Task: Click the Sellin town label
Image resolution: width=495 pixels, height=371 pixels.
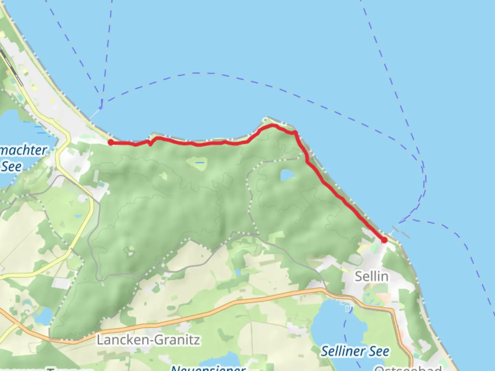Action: click(x=371, y=276)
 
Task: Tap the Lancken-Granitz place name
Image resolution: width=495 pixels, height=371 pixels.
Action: click(x=148, y=340)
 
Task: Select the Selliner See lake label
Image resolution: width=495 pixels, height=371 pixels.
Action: click(x=355, y=351)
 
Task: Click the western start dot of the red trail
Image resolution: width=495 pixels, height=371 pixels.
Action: click(x=111, y=142)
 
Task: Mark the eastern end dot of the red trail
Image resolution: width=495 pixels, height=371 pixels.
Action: click(x=384, y=240)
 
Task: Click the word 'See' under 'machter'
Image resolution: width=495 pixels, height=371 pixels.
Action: click(x=11, y=167)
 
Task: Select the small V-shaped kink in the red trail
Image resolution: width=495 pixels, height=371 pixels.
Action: click(x=150, y=144)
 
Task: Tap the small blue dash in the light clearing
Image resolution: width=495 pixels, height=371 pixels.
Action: click(x=199, y=162)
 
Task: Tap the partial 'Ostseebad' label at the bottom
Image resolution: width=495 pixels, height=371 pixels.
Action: click(x=407, y=368)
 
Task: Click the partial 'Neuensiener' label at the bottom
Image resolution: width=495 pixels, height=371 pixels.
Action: click(x=208, y=368)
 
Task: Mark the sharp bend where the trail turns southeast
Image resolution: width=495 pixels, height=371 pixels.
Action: click(x=295, y=133)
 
